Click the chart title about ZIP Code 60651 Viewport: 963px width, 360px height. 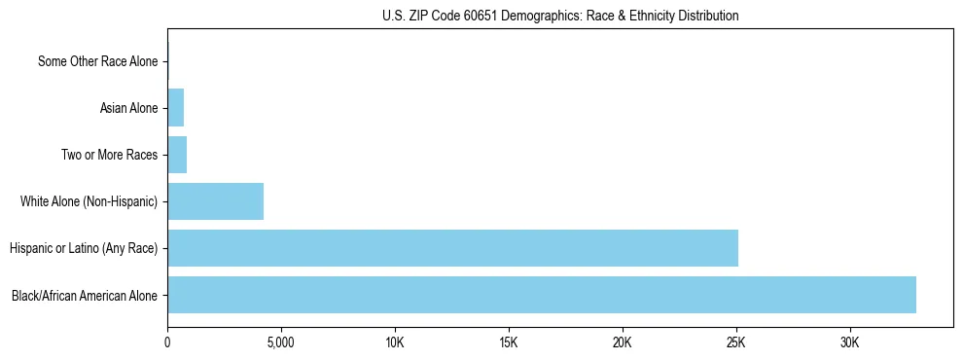coord(560,16)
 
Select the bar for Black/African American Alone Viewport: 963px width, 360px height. coord(541,295)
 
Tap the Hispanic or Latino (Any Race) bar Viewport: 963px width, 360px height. coord(452,248)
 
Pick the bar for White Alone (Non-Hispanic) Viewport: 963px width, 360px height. coord(215,201)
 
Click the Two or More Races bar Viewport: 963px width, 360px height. coord(177,155)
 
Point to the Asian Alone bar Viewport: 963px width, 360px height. coord(175,108)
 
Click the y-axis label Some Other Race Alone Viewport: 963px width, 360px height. coord(97,61)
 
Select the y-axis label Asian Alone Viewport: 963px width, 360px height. coord(128,108)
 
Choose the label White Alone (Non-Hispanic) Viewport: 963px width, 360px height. coord(89,201)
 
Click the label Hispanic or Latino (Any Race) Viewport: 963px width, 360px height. coord(84,248)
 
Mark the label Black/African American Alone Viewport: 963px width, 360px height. coord(85,295)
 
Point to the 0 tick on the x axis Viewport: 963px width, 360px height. coord(167,343)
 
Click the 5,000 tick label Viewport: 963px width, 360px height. coord(281,343)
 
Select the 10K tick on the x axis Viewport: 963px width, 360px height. coord(395,343)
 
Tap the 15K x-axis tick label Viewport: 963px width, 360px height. coord(509,343)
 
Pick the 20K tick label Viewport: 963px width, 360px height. coord(623,343)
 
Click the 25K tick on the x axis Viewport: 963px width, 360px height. coord(736,343)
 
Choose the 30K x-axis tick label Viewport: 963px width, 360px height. coord(850,343)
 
